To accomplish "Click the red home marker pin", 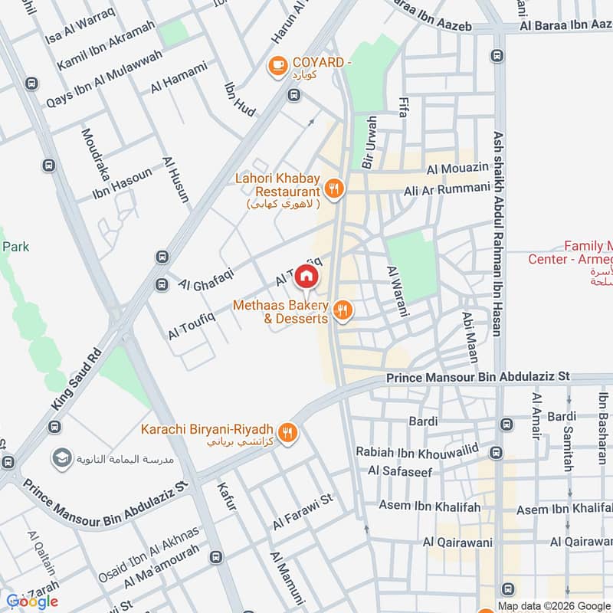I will (x=306, y=275).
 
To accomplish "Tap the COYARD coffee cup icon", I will (x=277, y=67).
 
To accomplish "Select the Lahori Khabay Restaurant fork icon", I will (x=333, y=187).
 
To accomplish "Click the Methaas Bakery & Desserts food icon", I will (x=343, y=310).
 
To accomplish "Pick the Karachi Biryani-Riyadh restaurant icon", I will (x=288, y=433).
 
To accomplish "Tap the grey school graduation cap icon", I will (x=60, y=458).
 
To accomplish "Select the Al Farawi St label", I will (x=303, y=513).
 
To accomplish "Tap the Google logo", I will (x=31, y=601).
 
